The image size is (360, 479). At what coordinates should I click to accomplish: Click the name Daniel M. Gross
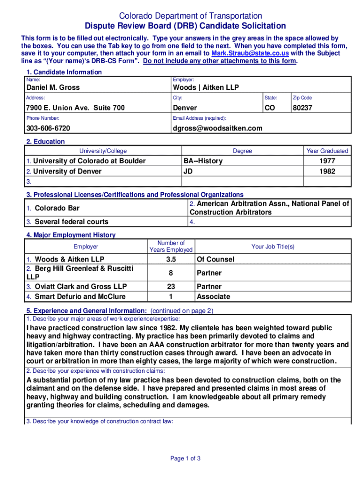click(x=53, y=87)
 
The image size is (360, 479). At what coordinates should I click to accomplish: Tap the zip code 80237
click(x=302, y=108)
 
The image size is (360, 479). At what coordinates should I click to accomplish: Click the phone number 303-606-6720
click(x=48, y=128)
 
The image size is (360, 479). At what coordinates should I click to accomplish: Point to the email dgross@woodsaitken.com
click(x=217, y=128)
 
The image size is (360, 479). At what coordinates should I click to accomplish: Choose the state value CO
click(x=270, y=108)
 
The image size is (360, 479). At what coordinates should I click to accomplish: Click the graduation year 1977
click(x=327, y=161)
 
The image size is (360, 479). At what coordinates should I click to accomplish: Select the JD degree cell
click(x=189, y=171)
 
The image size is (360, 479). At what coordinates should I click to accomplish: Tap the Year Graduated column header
click(x=327, y=151)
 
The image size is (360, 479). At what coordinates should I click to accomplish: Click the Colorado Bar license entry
click(x=57, y=208)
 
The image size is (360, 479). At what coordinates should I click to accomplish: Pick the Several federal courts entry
click(x=72, y=222)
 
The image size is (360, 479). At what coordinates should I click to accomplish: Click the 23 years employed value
click(x=171, y=286)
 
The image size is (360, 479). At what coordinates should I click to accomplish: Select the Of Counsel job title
click(x=215, y=259)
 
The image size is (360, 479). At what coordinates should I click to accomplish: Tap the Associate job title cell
click(x=213, y=297)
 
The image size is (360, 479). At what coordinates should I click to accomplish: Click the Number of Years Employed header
click(x=171, y=247)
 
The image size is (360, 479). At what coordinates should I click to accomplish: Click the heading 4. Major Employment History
click(x=71, y=235)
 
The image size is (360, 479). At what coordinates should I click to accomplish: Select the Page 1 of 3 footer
click(x=186, y=458)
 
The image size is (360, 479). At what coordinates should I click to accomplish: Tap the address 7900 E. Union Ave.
click(x=75, y=108)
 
